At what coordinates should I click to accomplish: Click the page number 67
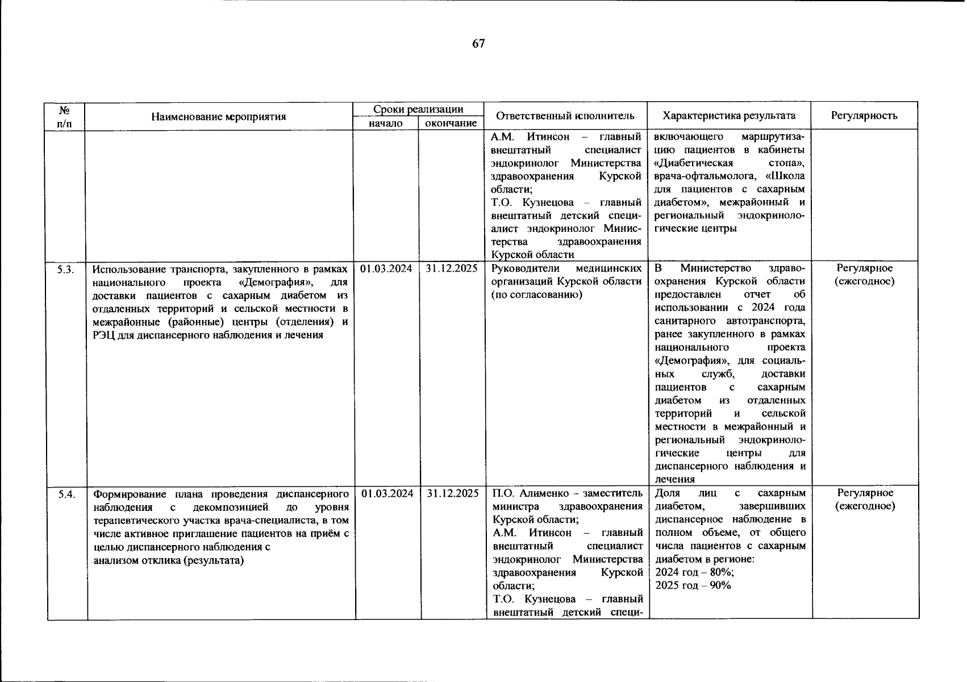coord(478,44)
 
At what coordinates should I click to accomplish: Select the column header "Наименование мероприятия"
coord(219,117)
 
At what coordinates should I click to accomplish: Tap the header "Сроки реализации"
coord(418,109)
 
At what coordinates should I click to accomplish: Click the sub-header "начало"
coord(386,123)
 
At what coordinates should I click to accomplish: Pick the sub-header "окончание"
coord(451,123)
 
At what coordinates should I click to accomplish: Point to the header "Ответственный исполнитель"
coord(565,116)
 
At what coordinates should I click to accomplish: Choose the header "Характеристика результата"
coord(729,116)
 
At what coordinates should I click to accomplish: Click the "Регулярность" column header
coord(864,116)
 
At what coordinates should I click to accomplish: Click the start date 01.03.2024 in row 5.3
coord(386,268)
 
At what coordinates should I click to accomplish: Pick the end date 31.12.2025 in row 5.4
coord(453,493)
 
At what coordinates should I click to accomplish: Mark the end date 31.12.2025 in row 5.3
coord(452,268)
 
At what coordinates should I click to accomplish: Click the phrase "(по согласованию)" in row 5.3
coord(536,294)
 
